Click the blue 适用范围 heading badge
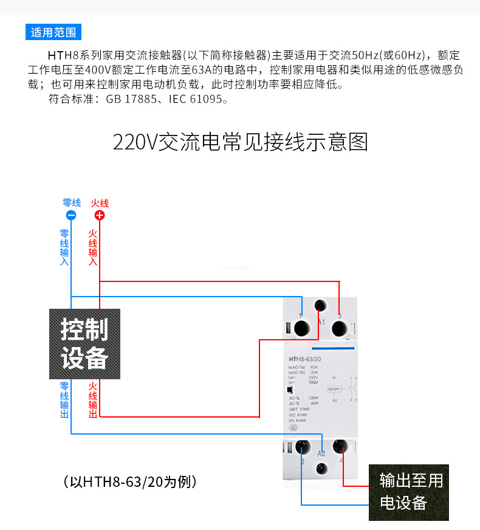click(x=54, y=32)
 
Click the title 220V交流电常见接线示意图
click(x=240, y=143)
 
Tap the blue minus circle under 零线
click(x=71, y=215)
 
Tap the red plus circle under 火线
click(x=100, y=215)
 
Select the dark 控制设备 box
click(x=84, y=343)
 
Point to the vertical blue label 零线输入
click(x=64, y=247)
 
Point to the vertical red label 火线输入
click(x=93, y=247)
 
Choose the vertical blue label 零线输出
click(x=64, y=400)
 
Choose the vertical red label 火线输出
click(x=93, y=400)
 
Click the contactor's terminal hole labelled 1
click(x=301, y=328)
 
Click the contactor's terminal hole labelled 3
click(x=339, y=328)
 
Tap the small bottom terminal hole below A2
click(x=320, y=468)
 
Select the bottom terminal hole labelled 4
click(x=340, y=448)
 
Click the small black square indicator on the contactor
click(x=290, y=390)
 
